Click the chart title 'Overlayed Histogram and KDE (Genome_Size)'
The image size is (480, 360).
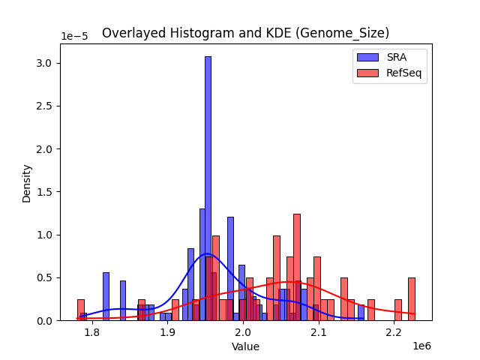(x=245, y=33)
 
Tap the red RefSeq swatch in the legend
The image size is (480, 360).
(x=368, y=73)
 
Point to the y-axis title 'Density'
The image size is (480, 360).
(x=27, y=182)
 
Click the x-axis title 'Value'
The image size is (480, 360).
(x=245, y=346)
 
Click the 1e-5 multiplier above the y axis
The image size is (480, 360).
(x=74, y=36)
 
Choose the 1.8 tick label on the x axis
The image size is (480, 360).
(x=91, y=331)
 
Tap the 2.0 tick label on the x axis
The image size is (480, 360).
(x=242, y=331)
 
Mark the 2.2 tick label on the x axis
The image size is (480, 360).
(x=394, y=331)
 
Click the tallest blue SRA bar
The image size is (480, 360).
(x=208, y=187)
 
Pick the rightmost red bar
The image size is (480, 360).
(x=412, y=299)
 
